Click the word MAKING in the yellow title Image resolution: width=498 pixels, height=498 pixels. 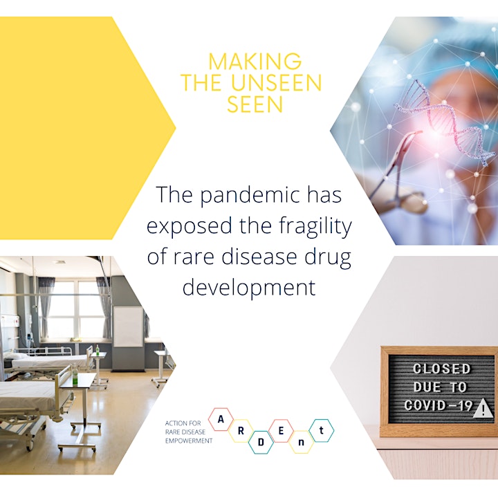tap(255, 62)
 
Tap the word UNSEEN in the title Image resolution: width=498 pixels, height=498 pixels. tap(276, 83)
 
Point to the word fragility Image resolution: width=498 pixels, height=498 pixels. tap(315, 226)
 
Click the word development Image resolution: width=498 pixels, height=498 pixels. tap(249, 288)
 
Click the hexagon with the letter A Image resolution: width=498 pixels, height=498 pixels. tap(221, 420)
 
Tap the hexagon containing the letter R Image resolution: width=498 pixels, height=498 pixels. tap(241, 431)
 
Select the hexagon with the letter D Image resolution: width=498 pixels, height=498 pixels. tap(261, 443)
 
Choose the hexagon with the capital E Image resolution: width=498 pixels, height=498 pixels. tap(281, 431)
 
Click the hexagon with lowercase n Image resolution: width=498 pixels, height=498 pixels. tap(301, 442)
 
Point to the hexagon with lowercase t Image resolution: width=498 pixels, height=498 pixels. tap(322, 431)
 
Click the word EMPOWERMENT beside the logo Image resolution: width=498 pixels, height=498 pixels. tap(189, 441)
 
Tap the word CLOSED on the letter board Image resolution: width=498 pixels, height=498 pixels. tap(441, 369)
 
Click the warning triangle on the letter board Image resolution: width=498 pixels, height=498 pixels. tap(483, 409)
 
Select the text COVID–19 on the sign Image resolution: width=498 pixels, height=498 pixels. tap(439, 405)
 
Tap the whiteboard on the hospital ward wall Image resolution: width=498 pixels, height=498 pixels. tap(128, 326)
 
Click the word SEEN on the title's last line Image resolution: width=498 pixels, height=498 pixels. tap(255, 104)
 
